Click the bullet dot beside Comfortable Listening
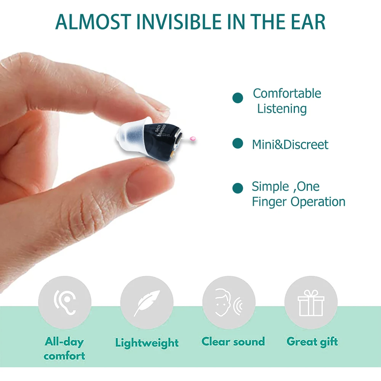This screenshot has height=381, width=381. (x=238, y=98)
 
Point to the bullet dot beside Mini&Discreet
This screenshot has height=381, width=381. (x=238, y=144)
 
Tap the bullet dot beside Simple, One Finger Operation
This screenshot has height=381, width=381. (x=238, y=188)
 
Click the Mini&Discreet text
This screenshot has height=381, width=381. (x=290, y=145)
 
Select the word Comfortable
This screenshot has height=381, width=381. (x=287, y=93)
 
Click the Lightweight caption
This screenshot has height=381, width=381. (x=147, y=343)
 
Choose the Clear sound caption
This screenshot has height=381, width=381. (x=233, y=341)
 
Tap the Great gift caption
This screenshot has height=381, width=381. (x=312, y=341)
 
